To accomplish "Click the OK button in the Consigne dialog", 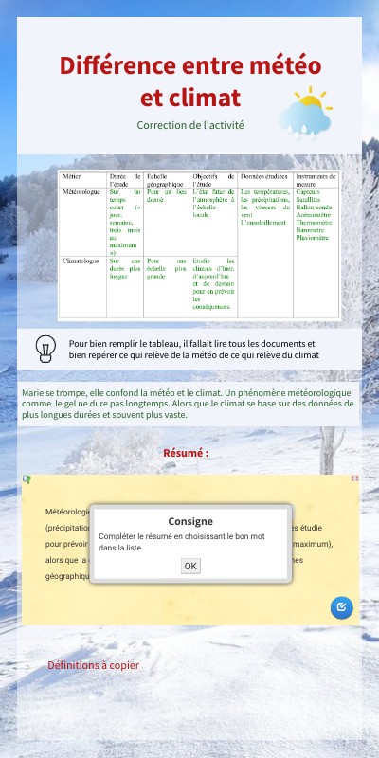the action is pyautogui.click(x=190, y=566).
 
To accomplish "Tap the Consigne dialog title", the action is pyautogui.click(x=190, y=521).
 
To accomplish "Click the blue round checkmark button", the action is pyautogui.click(x=342, y=607).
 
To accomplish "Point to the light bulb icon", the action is pyautogui.click(x=45, y=349).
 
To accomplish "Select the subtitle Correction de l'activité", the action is pyautogui.click(x=190, y=124).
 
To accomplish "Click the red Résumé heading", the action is pyautogui.click(x=186, y=453).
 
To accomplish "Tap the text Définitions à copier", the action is pyautogui.click(x=93, y=665).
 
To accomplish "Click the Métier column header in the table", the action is pyautogui.click(x=72, y=177).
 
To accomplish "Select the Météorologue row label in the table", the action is pyautogui.click(x=81, y=190).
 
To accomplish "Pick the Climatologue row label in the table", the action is pyautogui.click(x=81, y=260).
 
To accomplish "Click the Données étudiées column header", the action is pyautogui.click(x=263, y=177).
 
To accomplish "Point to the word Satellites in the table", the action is pyautogui.click(x=309, y=199).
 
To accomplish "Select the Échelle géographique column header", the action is pyautogui.click(x=168, y=181).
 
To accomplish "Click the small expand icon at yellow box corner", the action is pyautogui.click(x=354, y=478).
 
